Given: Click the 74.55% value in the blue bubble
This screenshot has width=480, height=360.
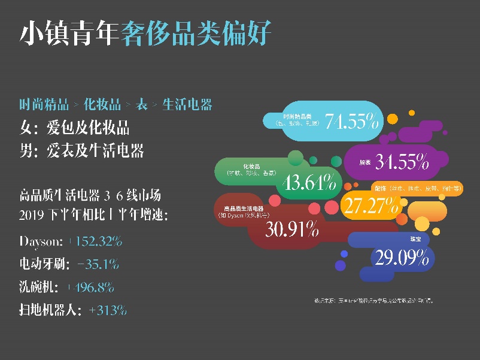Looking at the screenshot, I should tap(351, 122).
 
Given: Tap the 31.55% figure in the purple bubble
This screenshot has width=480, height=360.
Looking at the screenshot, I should tap(402, 161).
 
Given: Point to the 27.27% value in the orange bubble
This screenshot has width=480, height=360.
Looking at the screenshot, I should tap(371, 205).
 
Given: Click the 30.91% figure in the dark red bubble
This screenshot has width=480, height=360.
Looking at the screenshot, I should tap(292, 229).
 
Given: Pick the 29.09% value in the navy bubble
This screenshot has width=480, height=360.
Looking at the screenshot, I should tap(402, 258).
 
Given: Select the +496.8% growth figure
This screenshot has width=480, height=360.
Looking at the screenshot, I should tap(91, 287).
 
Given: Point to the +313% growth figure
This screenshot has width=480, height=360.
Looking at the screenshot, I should tap(107, 310).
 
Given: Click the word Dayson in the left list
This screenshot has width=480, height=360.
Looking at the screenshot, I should tap(40, 241).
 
